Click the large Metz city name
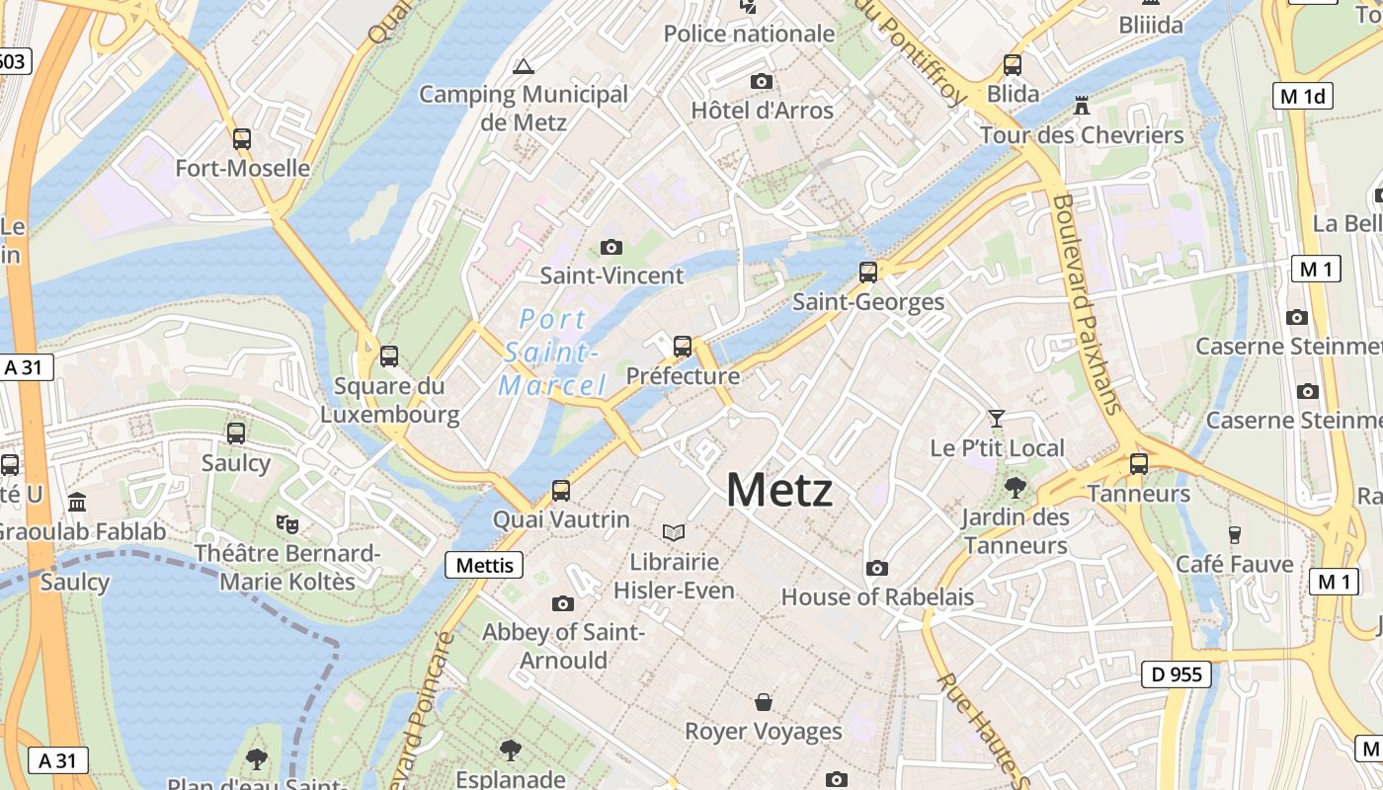tap(779, 490)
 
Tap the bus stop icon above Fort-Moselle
tap(242, 139)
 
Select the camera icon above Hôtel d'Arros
tap(761, 81)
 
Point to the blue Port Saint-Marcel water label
tap(552, 352)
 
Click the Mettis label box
tap(485, 565)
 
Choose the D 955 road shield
tap(1177, 674)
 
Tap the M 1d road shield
tap(1304, 96)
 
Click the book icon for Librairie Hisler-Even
tap(674, 533)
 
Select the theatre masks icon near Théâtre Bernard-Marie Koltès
tap(287, 523)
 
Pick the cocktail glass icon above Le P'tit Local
tap(997, 419)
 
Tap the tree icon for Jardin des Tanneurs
tap(1015, 487)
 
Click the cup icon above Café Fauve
tap(1234, 535)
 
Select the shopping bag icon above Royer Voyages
tap(764, 702)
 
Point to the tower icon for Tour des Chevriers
tap(1082, 105)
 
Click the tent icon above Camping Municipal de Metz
tap(524, 66)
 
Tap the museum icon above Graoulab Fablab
tap(78, 503)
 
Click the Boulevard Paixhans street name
tap(1087, 302)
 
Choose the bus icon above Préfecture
tap(683, 347)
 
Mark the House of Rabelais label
tap(877, 596)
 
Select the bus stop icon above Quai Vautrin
tap(561, 490)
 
